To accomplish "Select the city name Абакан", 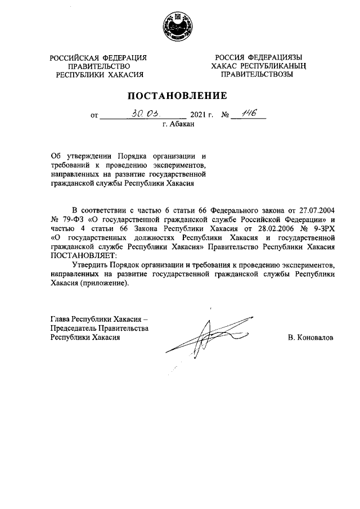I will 182,125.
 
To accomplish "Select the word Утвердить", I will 92,265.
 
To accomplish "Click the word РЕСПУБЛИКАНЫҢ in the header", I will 277,66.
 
